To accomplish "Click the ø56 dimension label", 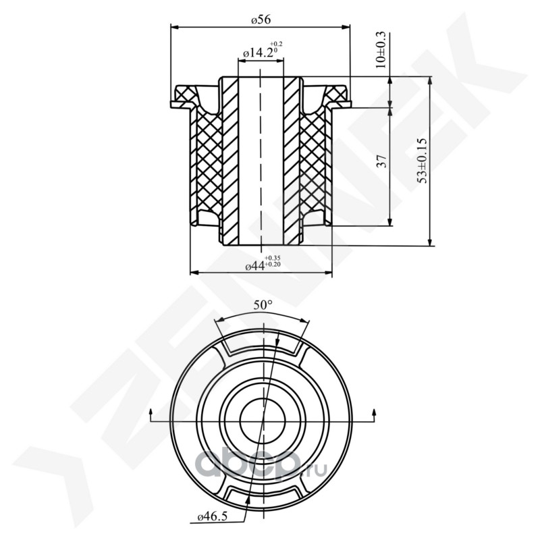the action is click(x=261, y=20).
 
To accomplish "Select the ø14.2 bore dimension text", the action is click(x=259, y=53).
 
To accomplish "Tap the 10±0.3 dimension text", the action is click(x=381, y=50).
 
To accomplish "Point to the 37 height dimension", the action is click(x=382, y=161).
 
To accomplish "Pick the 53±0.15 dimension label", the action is click(x=423, y=161).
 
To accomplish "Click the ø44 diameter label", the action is click(x=255, y=266).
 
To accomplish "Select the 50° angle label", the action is click(x=263, y=305).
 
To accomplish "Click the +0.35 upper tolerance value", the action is click(x=273, y=258).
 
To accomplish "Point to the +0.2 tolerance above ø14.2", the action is click(x=276, y=44).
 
